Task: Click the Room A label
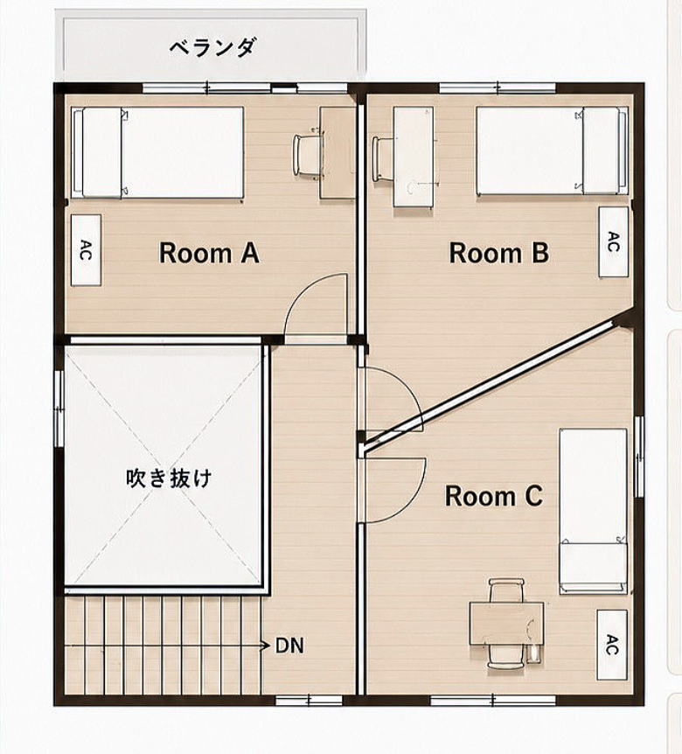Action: coord(209,253)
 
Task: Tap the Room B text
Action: coord(499,253)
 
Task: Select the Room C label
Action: coord(494,496)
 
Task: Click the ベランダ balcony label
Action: coord(212,48)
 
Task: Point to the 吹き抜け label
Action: coord(169,478)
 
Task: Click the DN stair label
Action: coord(289,646)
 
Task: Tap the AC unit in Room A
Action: coord(86,250)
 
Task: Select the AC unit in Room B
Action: coord(613,242)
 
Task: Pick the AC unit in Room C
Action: coord(612,645)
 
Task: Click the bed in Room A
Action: coord(157,152)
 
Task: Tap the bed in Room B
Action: coord(553,150)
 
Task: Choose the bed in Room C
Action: coord(593,511)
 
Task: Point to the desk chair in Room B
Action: coord(385,159)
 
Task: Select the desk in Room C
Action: coord(506,623)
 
